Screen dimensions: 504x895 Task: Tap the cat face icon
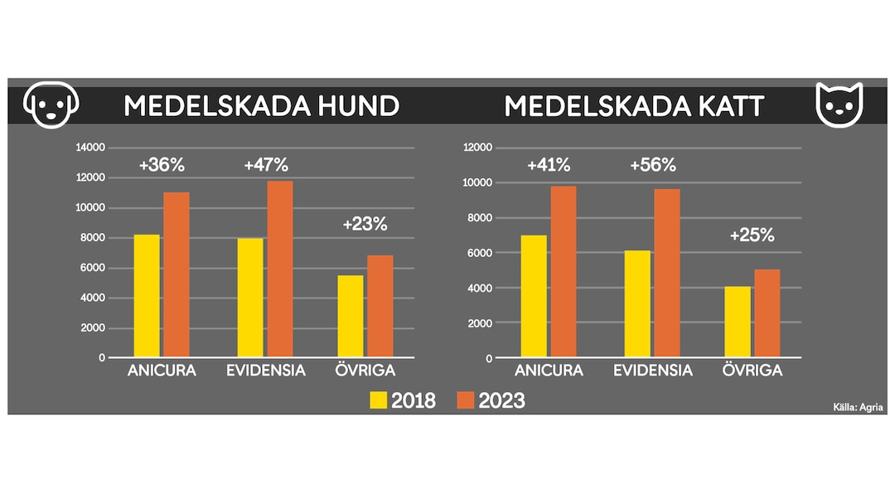[839, 104]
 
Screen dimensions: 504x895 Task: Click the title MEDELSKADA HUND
[261, 106]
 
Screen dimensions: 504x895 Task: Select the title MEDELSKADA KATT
[634, 106]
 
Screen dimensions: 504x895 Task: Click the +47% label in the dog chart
[266, 165]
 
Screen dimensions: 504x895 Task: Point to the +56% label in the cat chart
[653, 165]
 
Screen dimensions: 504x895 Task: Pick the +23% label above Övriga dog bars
[365, 224]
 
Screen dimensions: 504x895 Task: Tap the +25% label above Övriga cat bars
[752, 235]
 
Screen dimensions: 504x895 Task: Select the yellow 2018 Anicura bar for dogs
[147, 296]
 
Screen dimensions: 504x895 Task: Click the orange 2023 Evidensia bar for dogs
[280, 269]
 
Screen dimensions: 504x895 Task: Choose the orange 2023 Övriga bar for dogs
[380, 307]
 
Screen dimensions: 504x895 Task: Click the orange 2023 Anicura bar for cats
[563, 272]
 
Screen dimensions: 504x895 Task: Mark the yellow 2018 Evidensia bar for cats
[637, 303]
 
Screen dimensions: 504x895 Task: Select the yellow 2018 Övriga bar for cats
[738, 322]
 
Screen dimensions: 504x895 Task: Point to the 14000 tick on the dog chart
[90, 148]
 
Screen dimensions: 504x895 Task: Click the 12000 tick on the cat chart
[477, 148]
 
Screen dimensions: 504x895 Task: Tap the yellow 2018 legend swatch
[378, 400]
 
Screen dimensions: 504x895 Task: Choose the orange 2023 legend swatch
[466, 400]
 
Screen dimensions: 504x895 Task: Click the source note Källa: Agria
[858, 407]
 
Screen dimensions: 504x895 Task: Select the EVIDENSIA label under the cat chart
[653, 371]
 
